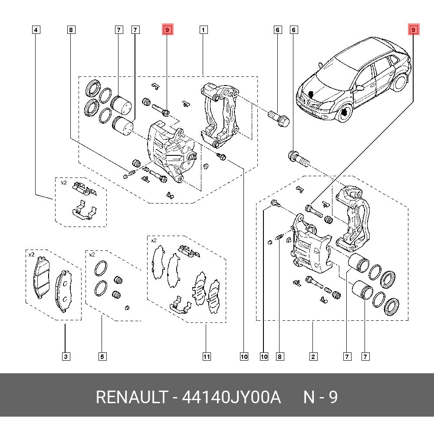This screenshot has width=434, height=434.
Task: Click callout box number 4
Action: (36, 30)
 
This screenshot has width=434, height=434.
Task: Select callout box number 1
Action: (203, 30)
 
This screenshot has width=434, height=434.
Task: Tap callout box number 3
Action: (65, 357)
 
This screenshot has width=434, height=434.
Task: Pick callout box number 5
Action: (102, 357)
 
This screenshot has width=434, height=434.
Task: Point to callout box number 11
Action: (207, 357)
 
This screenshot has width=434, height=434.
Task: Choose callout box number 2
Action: (313, 357)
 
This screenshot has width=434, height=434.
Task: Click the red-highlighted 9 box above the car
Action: (413, 30)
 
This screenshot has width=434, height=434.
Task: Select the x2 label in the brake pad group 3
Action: (31, 255)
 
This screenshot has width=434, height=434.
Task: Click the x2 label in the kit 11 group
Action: (154, 240)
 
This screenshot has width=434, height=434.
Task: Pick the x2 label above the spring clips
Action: (63, 183)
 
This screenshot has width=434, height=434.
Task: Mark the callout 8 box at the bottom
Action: (279, 357)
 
